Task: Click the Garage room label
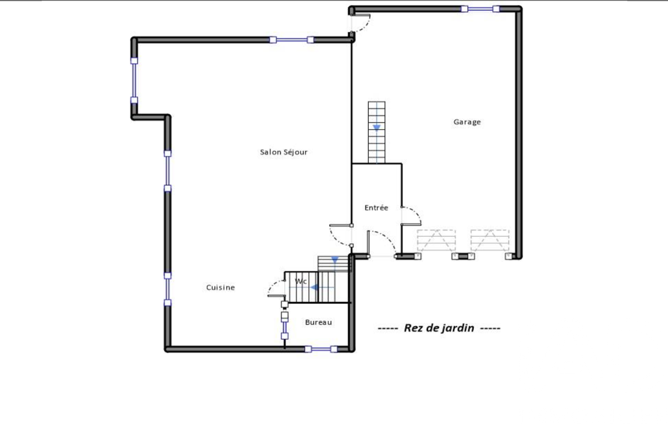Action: pos(467,122)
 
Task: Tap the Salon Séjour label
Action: pos(283,152)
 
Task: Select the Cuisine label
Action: pos(220,288)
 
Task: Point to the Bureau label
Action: pos(318,322)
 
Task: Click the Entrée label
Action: pos(376,207)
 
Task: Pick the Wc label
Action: pos(301,282)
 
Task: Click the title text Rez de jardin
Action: pos(439,328)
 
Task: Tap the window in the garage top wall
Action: pos(480,8)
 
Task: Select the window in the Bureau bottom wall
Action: pos(321,350)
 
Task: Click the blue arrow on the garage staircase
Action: pos(377,128)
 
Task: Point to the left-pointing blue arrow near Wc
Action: pos(314,288)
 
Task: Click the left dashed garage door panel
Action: pos(436,240)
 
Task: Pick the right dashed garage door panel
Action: pos(490,240)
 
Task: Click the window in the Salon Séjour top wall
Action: pos(292,40)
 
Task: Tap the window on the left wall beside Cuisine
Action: pos(168,289)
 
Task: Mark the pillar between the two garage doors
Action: pos(463,256)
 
